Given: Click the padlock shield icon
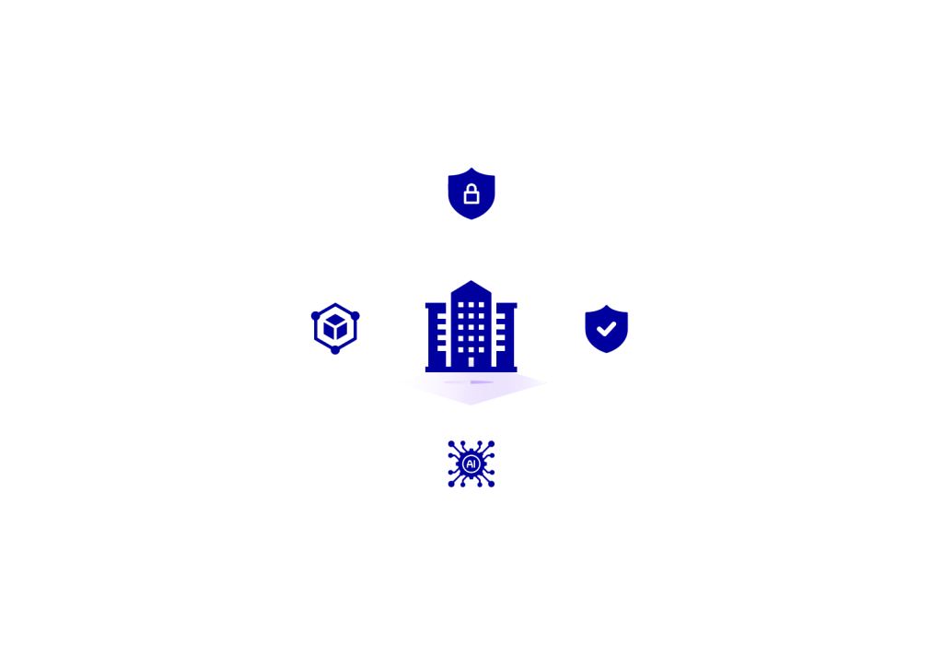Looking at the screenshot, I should pos(471,191).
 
